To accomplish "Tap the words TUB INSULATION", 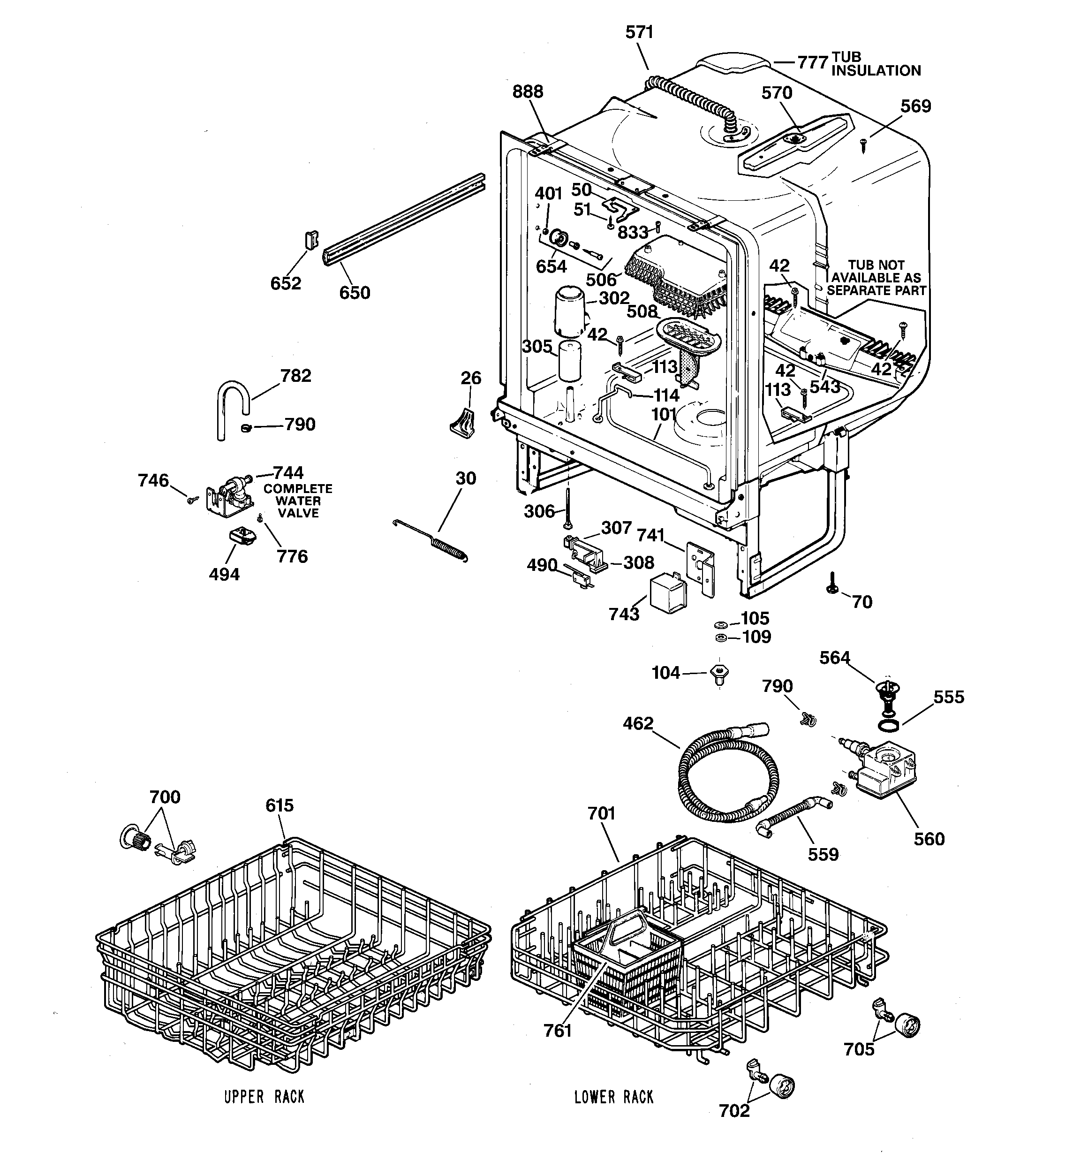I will click(x=876, y=64).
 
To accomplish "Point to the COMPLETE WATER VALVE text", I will click(x=297, y=501).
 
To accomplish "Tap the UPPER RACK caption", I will click(x=264, y=1097).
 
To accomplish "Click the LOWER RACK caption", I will click(x=614, y=1097).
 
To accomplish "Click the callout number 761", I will click(x=557, y=1031).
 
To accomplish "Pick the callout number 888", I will click(x=528, y=91).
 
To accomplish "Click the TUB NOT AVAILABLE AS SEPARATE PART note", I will click(x=876, y=278).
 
